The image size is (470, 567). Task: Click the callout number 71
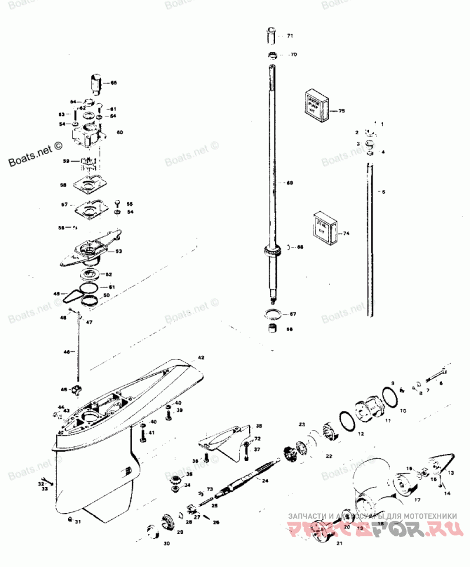290,36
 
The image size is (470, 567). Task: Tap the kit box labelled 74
323,226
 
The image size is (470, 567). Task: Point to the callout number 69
290,183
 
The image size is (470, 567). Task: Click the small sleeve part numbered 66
272,328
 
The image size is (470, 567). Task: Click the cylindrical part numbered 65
96,82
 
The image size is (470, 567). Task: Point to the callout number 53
119,251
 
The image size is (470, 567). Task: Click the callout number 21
339,543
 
